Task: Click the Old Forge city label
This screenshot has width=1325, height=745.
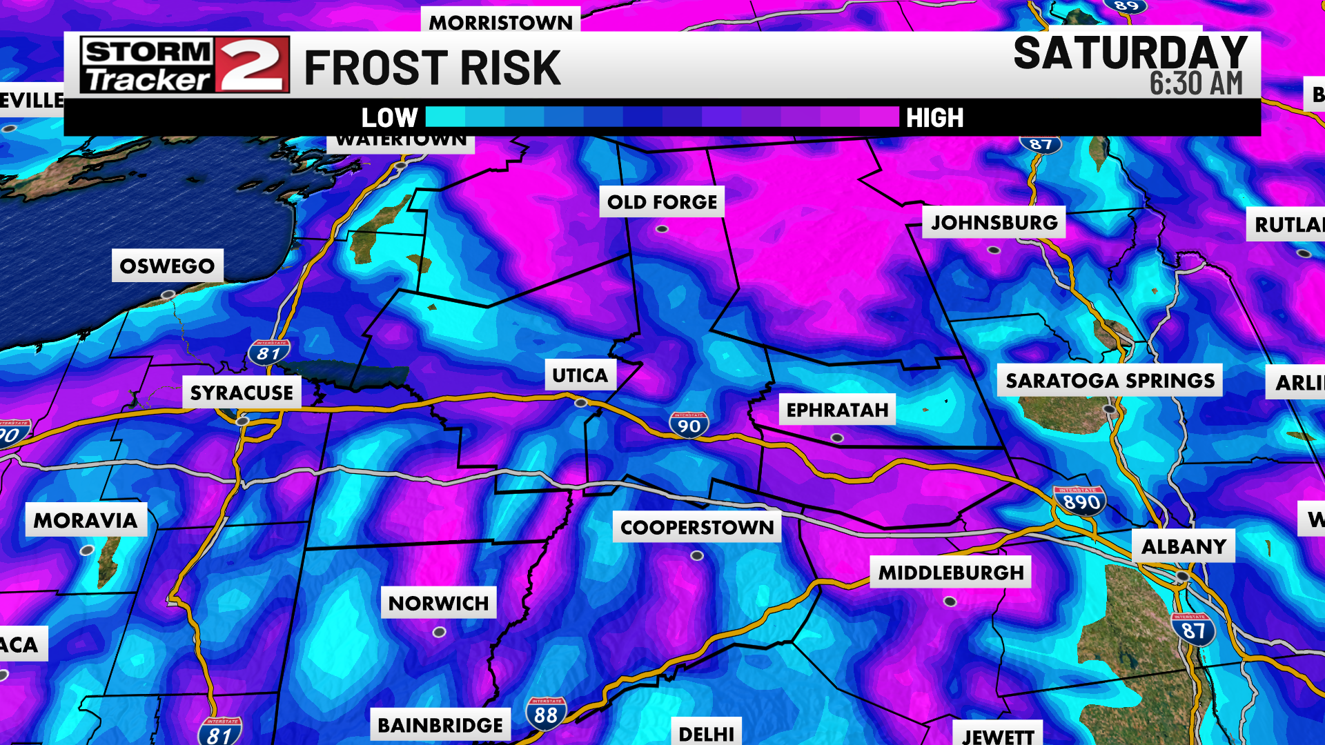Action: [662, 202]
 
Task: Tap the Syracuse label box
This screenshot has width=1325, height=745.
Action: [242, 393]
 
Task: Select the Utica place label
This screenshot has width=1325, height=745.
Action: [580, 375]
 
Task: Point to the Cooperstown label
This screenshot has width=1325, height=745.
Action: [697, 527]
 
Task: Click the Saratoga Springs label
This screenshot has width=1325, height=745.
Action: [1110, 380]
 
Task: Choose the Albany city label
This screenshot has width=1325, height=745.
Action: [1184, 546]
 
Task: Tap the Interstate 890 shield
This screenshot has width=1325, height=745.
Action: [1081, 501]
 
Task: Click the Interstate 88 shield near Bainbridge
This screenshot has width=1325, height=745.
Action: [546, 713]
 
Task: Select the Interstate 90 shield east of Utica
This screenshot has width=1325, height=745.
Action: [689, 425]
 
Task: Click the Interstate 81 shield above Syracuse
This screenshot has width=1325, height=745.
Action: [268, 352]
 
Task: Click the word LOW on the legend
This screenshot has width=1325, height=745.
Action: [389, 117]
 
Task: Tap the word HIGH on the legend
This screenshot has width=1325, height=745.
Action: [934, 118]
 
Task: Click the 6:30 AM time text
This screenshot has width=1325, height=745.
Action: [1196, 83]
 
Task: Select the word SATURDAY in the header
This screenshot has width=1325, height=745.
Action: [1130, 52]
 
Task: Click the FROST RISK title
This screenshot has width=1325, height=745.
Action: [432, 68]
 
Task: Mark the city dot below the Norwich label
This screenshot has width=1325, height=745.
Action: [439, 632]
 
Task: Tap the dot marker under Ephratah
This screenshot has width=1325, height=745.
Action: [837, 438]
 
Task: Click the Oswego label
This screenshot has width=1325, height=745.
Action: [167, 266]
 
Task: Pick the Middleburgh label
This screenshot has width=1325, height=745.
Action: [950, 573]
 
